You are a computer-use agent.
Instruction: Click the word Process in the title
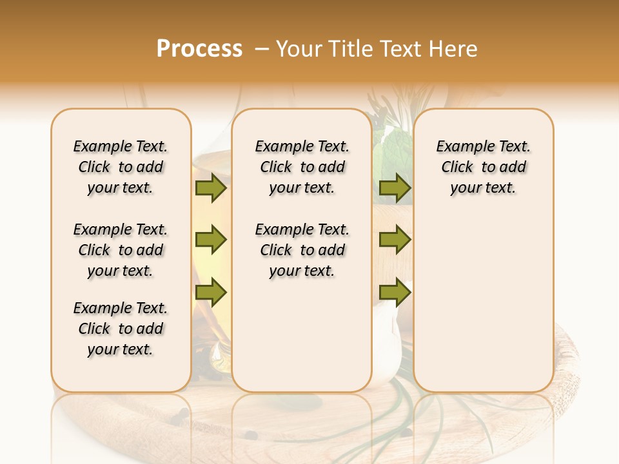pos(199,49)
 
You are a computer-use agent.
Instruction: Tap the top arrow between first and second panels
pos(211,188)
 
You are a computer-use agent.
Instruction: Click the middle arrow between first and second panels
pos(211,240)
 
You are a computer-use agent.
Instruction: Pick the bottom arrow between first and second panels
pos(211,293)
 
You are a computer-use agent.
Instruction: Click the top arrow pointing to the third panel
pos(395,188)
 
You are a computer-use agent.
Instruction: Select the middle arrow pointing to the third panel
pos(395,240)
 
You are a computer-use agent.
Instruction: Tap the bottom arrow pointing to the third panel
pos(395,293)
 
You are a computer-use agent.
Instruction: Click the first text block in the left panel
pos(121,167)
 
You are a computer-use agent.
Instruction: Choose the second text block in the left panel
pos(121,250)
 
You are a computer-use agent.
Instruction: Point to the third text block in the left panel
pos(121,329)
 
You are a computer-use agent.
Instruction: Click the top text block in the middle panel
pos(302,167)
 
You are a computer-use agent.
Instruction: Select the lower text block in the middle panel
pos(302,250)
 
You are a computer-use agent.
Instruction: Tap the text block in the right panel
pos(483,167)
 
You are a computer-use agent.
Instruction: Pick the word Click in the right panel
pos(457,167)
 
